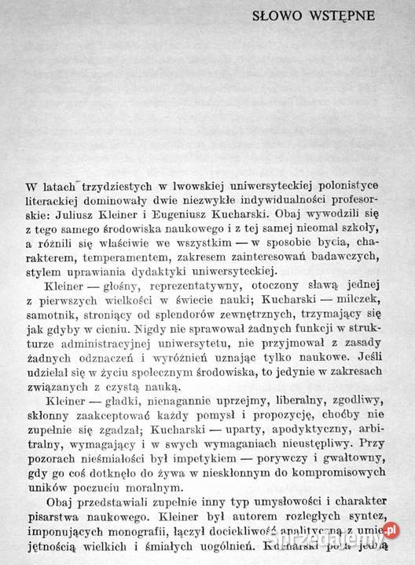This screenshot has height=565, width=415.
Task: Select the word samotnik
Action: point(46,317)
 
